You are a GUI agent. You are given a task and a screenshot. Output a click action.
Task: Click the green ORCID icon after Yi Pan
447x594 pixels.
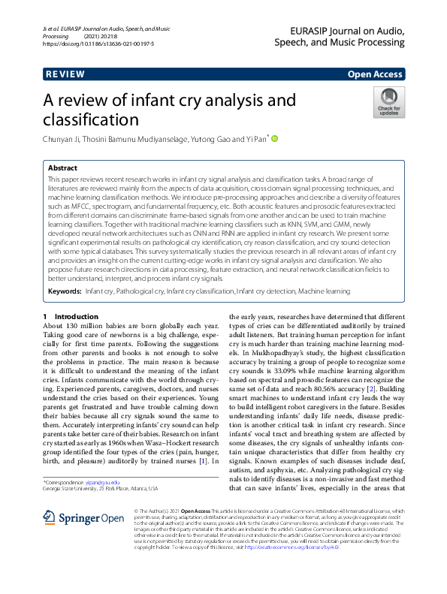click(275, 139)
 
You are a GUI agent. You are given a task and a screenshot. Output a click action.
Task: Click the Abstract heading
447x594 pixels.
click(63, 169)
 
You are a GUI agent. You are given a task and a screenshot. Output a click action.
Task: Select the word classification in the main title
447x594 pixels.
click(92, 120)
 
